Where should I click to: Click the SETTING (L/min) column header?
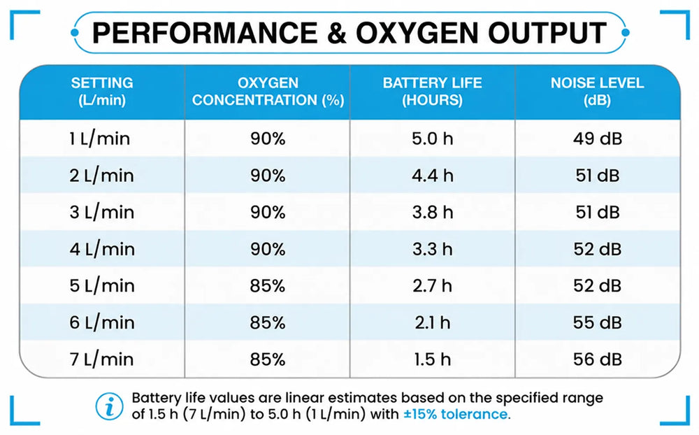(102, 92)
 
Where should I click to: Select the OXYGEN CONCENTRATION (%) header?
(268, 92)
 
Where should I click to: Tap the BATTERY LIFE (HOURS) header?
(433, 92)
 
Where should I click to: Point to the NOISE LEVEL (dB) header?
(598, 92)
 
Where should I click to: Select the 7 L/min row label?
(101, 359)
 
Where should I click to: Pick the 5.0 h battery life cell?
(433, 138)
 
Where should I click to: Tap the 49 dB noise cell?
(598, 138)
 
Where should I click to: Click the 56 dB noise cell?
(598, 359)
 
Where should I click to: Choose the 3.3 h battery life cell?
(433, 249)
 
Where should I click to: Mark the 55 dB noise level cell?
(598, 322)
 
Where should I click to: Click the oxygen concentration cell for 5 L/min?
(268, 286)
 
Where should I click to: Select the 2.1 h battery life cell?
(433, 322)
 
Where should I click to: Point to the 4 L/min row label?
(102, 249)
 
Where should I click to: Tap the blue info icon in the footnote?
(109, 406)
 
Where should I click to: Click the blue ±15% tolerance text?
(455, 415)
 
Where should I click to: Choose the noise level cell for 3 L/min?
(598, 213)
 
